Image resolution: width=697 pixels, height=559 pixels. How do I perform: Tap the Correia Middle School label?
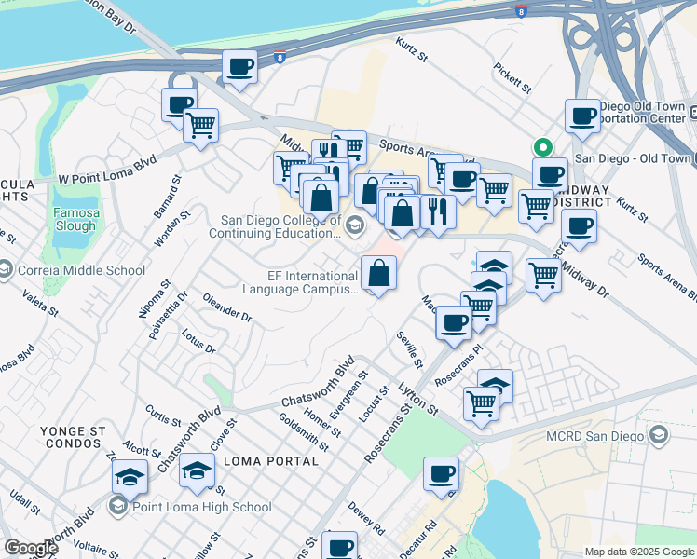pos(82,270)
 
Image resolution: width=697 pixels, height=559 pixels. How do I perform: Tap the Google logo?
pos(30,548)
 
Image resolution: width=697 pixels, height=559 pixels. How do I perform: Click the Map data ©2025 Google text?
pos(638,552)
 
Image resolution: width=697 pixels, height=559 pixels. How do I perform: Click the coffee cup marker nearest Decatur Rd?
pos(441,473)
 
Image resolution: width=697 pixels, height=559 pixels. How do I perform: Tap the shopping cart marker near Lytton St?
pos(481,402)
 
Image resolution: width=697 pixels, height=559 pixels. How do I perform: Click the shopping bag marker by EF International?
pos(378,273)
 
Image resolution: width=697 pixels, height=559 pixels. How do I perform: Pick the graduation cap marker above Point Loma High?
pos(197,471)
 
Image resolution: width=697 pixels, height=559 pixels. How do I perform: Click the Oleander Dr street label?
pos(227,309)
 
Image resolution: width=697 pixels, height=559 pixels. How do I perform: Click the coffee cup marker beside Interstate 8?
pos(239,66)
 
